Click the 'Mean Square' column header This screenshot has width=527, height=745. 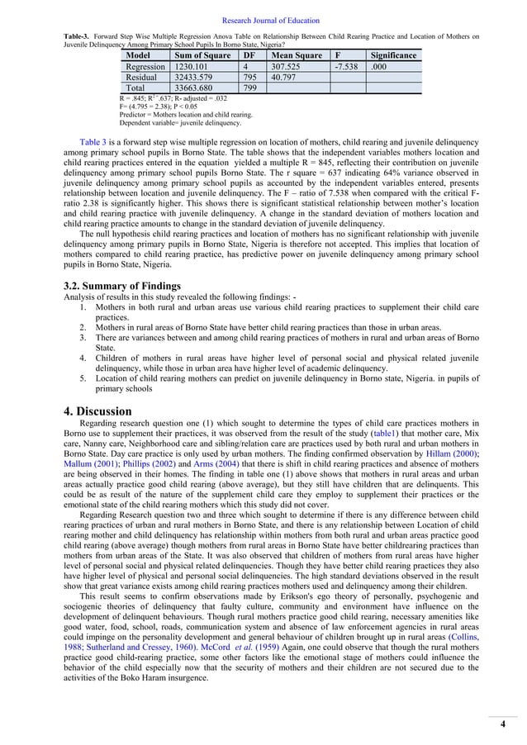pyautogui.click(x=286, y=55)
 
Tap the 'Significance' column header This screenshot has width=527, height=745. pyautogui.click(x=392, y=55)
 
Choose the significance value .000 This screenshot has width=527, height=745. pyautogui.click(x=380, y=66)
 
